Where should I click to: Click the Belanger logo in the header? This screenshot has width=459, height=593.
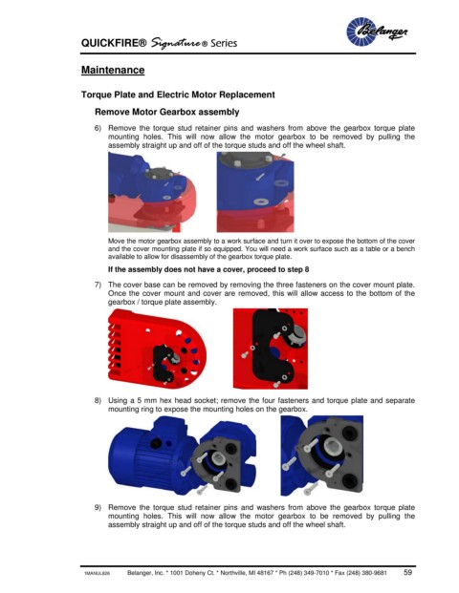click(377, 32)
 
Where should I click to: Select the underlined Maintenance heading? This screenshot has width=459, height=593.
click(113, 70)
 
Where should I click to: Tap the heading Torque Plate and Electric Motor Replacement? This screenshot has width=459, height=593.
click(178, 95)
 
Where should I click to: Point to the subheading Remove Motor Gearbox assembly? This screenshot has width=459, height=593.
click(167, 112)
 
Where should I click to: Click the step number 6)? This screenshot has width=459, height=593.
click(98, 128)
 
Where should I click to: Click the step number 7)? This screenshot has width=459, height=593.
click(98, 285)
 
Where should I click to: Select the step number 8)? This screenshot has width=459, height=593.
click(98, 400)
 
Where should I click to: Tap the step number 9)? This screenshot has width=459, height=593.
click(98, 507)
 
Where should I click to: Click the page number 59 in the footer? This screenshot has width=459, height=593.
click(407, 572)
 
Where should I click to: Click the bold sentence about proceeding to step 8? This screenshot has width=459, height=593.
click(208, 269)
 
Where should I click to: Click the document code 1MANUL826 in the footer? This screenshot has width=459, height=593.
click(97, 574)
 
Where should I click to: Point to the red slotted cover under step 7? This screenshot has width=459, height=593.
click(157, 349)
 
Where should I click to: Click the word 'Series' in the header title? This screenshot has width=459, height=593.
click(224, 43)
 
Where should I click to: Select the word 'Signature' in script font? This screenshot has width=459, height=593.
click(178, 43)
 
